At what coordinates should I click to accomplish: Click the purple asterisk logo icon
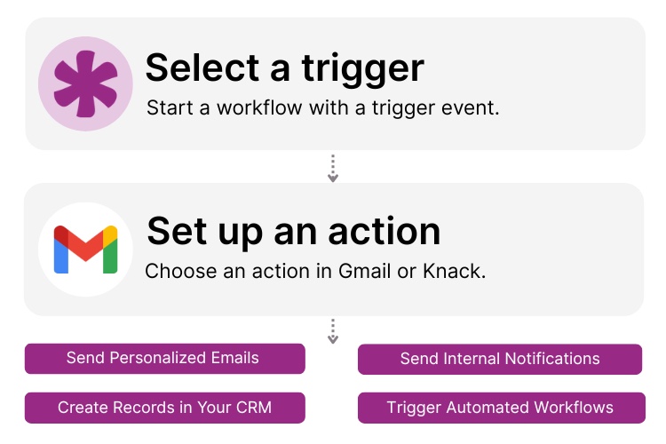click(x=85, y=84)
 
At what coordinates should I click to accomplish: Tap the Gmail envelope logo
click(x=85, y=250)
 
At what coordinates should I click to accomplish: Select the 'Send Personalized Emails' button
click(x=164, y=359)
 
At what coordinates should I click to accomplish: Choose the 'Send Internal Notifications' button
click(x=499, y=359)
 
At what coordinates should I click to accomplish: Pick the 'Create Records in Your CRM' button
click(x=164, y=408)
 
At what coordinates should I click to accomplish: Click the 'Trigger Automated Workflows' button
click(x=499, y=408)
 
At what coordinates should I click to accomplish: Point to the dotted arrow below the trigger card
click(x=333, y=169)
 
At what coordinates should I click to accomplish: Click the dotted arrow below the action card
click(x=333, y=331)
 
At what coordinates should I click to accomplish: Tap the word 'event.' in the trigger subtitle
click(x=475, y=107)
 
